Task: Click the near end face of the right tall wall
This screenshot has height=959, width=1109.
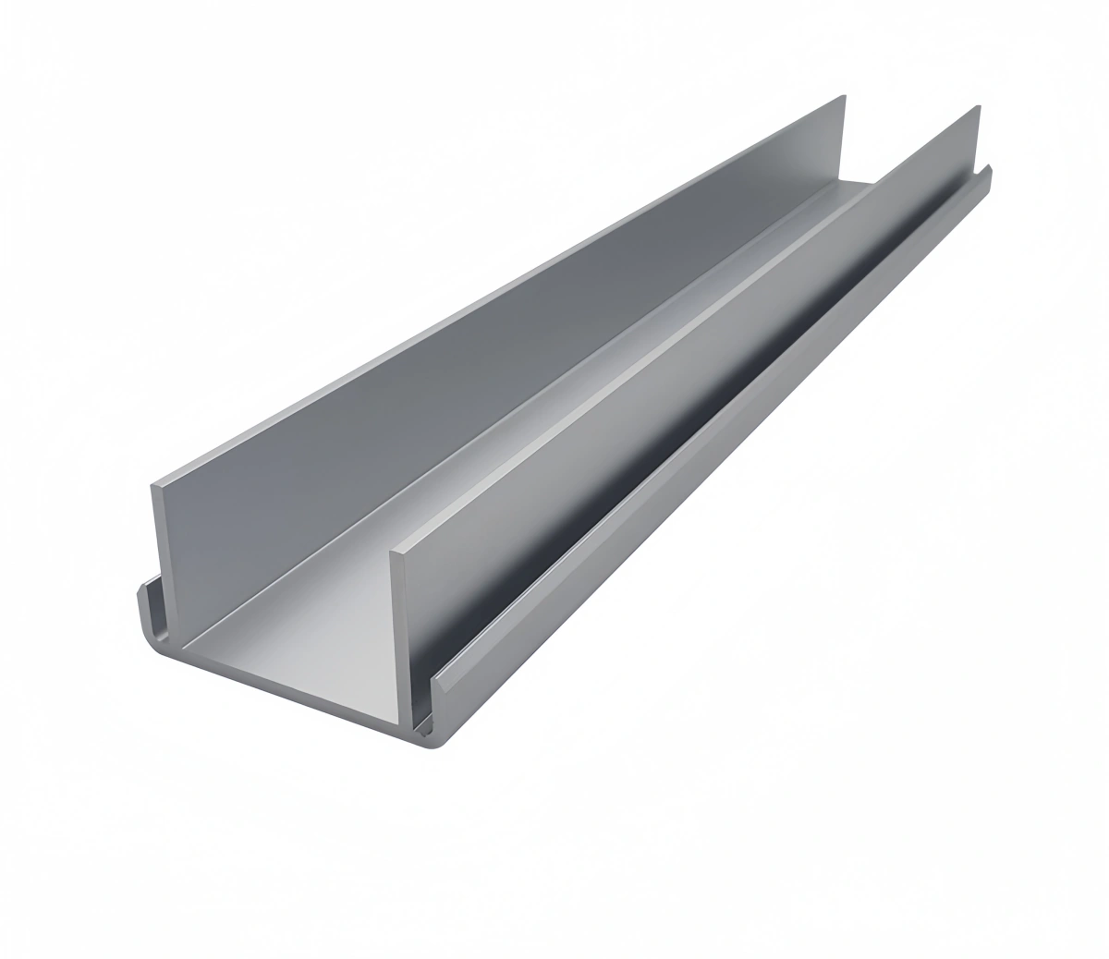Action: click(x=401, y=637)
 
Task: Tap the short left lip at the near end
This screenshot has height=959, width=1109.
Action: click(x=145, y=610)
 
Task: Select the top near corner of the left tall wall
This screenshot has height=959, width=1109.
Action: click(x=152, y=483)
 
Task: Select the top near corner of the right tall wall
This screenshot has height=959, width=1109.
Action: click(x=395, y=554)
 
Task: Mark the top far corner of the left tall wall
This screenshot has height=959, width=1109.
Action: click(x=843, y=96)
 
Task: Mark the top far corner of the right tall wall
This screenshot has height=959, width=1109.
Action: click(x=977, y=107)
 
